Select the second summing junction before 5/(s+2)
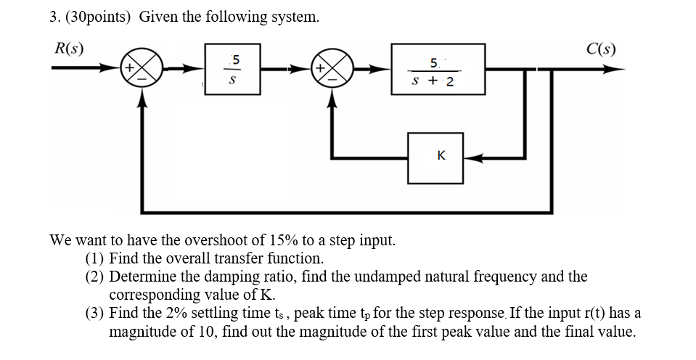pos(332,70)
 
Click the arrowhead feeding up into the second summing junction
pos(332,99)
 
